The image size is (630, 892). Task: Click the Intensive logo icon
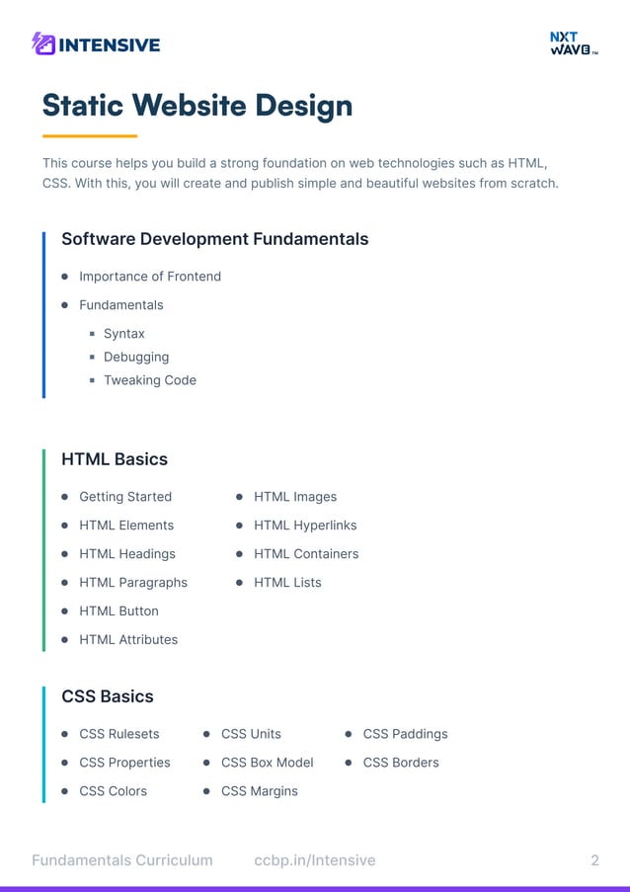coord(42,43)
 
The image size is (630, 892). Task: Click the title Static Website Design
coord(197,105)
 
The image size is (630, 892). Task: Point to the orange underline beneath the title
coord(89,135)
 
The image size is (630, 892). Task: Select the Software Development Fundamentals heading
coord(214,239)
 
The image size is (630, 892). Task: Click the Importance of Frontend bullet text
coord(150,277)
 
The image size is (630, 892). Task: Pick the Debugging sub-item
coord(136,357)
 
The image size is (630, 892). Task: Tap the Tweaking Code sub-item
coord(150,380)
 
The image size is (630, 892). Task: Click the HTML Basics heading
coord(115,459)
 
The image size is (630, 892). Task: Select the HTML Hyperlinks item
coord(305,526)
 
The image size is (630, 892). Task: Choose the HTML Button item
coord(118,611)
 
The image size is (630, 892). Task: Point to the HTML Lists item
coord(287,583)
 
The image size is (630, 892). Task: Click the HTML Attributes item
coord(128,640)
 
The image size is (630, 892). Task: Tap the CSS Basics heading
coord(108,696)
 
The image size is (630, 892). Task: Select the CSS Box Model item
coord(267,763)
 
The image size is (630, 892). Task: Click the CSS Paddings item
coord(405,734)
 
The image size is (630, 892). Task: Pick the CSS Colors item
coord(113,791)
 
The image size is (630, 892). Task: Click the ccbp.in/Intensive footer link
coord(314,860)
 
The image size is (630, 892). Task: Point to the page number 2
coord(594,860)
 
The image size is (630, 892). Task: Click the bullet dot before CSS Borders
coord(349,763)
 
